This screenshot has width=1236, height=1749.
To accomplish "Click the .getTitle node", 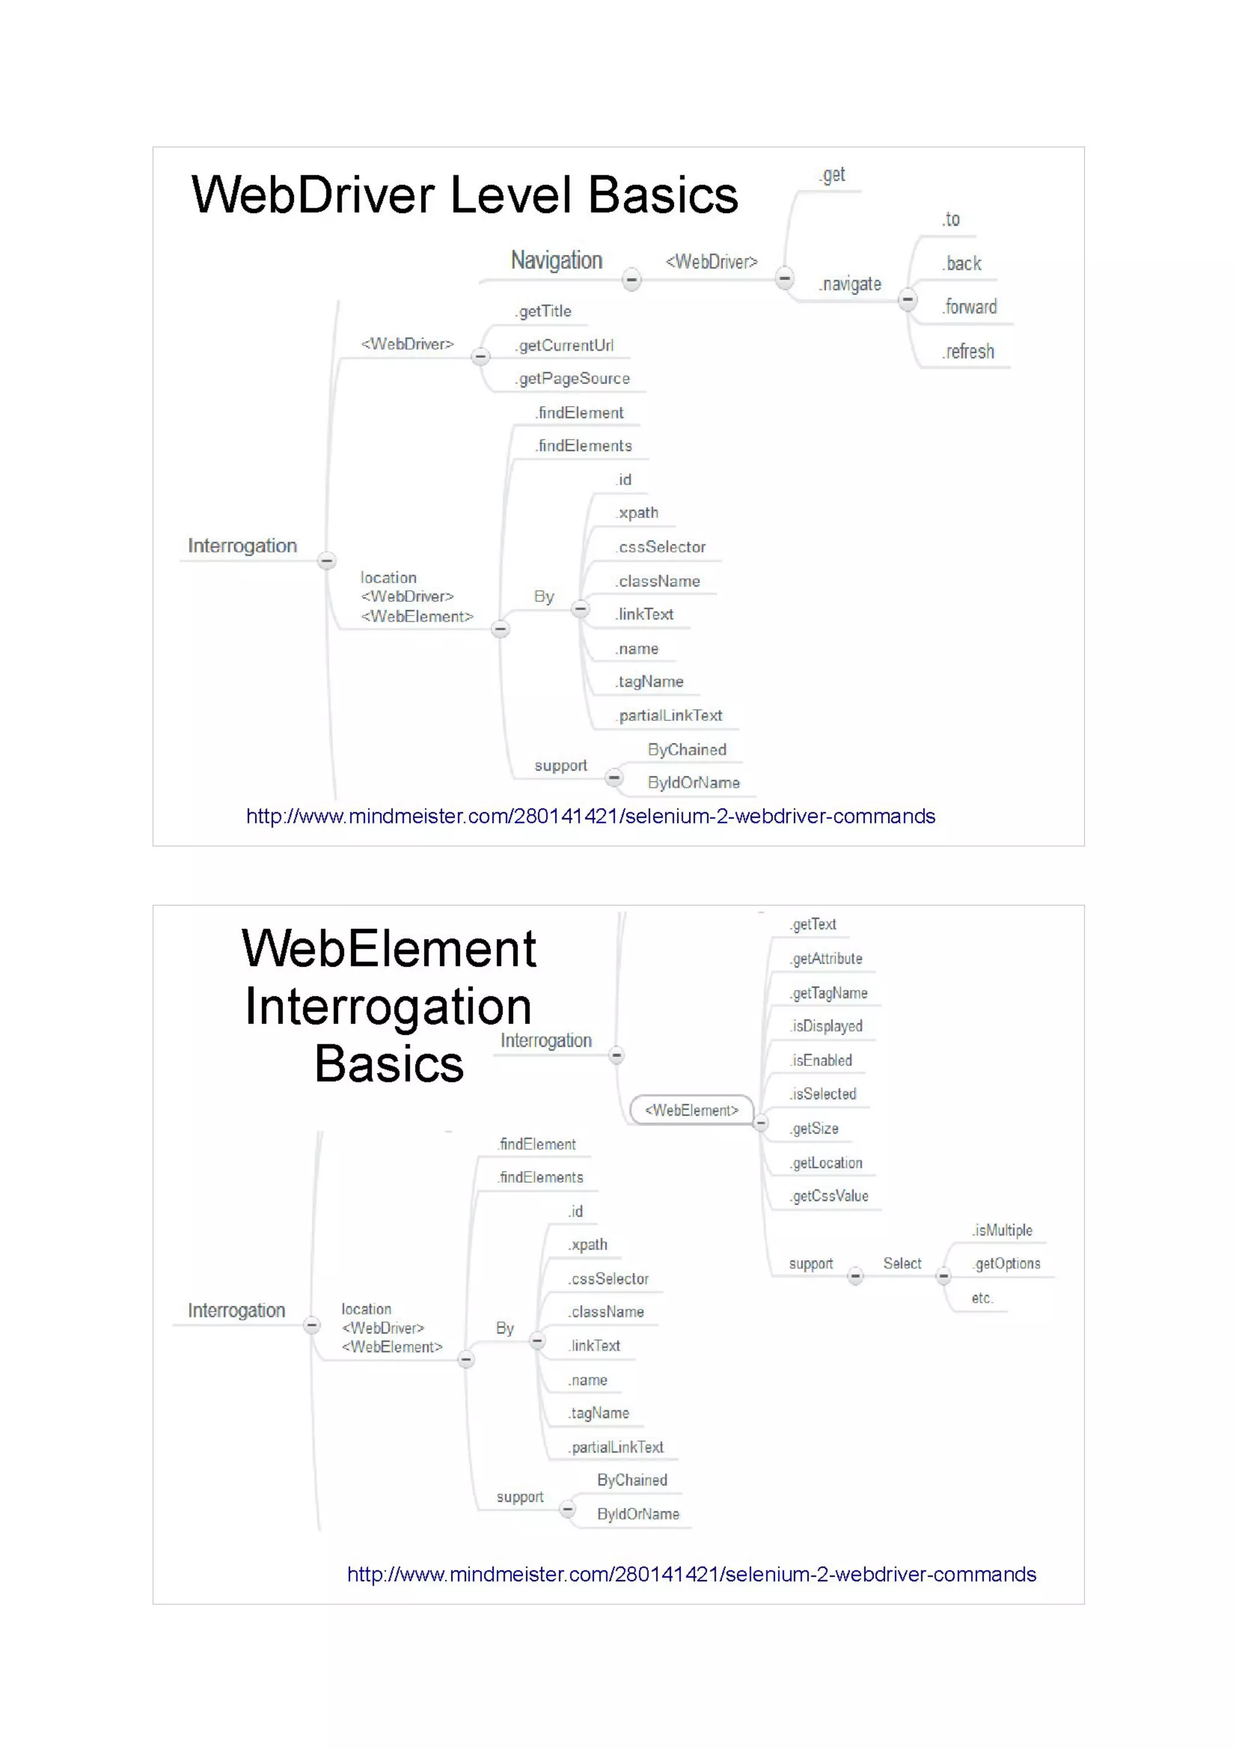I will tap(543, 311).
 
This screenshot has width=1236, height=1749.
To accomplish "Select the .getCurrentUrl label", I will tap(564, 345).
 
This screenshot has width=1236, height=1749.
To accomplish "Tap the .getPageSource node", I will tap(573, 379).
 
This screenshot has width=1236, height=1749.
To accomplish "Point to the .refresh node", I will tap(968, 352).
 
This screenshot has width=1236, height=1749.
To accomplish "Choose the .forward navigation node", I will tap(969, 307).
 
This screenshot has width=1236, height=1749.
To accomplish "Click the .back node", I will tap(962, 264).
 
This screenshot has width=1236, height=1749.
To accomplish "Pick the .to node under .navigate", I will tap(951, 219).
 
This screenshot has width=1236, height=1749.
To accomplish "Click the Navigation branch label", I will tap(556, 261).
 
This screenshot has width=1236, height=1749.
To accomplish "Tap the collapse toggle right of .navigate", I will tap(907, 299).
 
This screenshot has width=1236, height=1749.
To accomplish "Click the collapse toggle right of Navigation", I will tap(631, 280).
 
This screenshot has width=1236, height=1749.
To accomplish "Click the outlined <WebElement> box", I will tap(692, 1110).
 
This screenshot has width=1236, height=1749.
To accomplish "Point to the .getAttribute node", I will tap(826, 958).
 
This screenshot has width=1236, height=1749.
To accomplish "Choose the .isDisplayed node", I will tap(826, 1026).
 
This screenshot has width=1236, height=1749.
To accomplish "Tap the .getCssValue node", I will tap(829, 1196).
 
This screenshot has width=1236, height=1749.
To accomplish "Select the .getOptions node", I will tap(1007, 1264).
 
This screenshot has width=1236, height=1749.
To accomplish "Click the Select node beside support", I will tap(902, 1264).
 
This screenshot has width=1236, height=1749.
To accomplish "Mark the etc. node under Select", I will tap(983, 1298).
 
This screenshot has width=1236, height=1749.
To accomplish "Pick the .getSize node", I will tap(815, 1128).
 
